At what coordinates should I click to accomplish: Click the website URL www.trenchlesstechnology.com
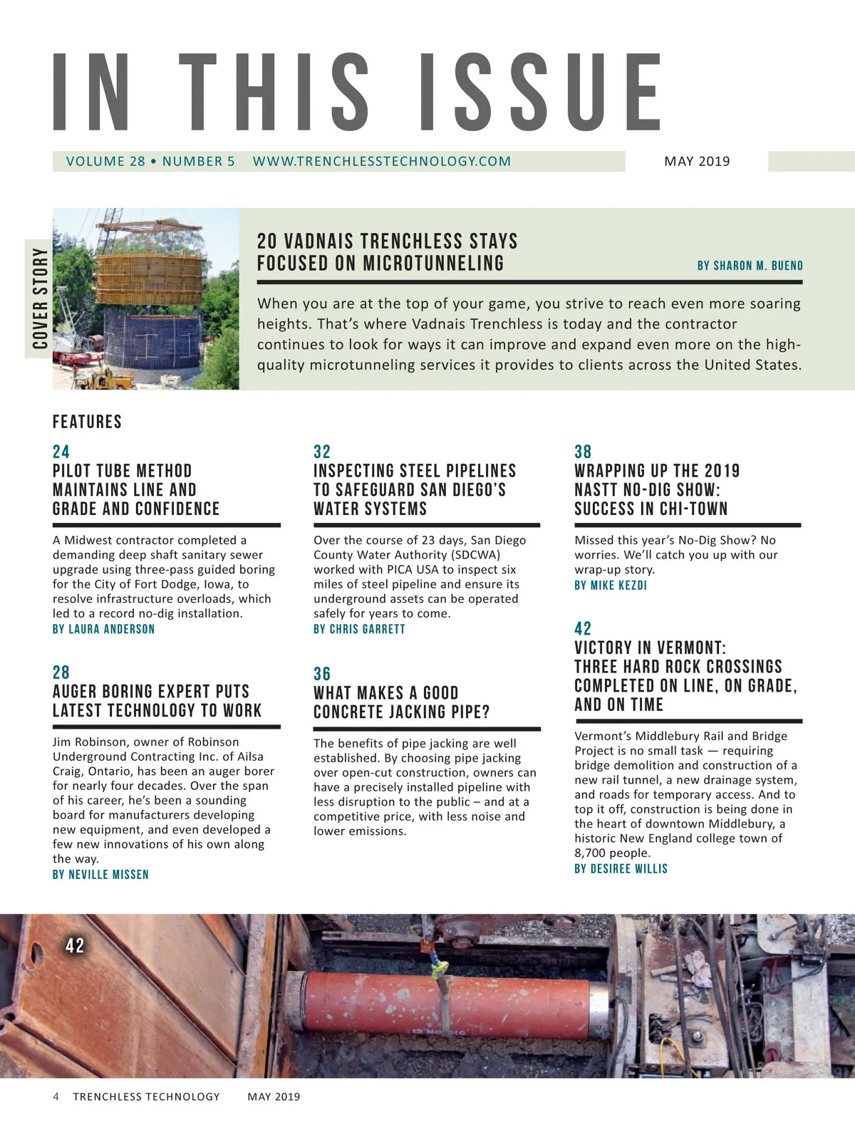[381, 162]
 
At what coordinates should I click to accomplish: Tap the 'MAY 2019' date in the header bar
[697, 162]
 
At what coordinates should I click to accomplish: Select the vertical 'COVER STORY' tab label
[40, 298]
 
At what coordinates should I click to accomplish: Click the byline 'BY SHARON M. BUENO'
[750, 266]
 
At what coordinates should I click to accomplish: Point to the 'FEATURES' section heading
[87, 422]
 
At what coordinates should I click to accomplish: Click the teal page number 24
[61, 452]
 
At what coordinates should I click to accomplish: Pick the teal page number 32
[322, 452]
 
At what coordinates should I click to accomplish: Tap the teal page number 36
[322, 674]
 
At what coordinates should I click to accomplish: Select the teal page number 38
[583, 452]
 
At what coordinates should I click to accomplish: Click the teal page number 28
[61, 672]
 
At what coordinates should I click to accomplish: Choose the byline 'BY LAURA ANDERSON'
[103, 629]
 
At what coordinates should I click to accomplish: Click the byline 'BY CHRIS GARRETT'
[359, 629]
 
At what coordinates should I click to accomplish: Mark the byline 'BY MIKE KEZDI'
[611, 586]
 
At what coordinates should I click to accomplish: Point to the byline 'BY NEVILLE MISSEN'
[100, 875]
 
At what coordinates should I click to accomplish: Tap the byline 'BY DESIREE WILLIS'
[621, 869]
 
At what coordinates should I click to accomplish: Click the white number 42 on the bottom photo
[75, 946]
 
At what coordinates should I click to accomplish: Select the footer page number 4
[56, 1097]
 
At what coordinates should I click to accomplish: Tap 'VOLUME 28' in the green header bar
[105, 162]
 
